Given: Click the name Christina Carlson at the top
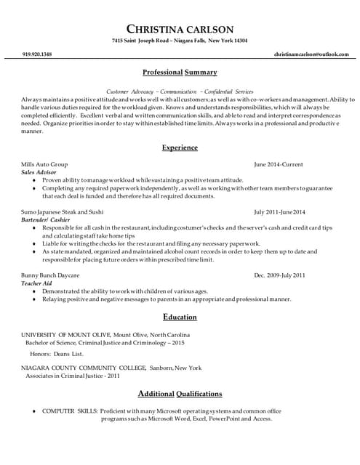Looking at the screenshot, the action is point(180,29).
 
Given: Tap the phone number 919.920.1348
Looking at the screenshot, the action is point(37,54).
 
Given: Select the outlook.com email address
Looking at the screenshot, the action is point(306,54).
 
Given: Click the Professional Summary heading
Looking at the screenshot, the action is point(180,73).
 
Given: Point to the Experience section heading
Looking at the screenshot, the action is point(180,147).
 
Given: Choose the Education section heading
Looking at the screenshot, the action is point(180,317).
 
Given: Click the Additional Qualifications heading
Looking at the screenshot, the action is point(180,394).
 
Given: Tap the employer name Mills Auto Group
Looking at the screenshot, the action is point(44,165).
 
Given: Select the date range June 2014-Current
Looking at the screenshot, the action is point(280,165).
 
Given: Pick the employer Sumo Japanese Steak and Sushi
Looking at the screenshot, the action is point(63,212).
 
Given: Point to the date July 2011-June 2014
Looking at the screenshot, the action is point(279,212).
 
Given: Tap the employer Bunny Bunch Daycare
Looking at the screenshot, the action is point(50,275).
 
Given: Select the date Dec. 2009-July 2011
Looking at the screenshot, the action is point(279,275).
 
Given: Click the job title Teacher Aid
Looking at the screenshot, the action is point(36,283).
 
